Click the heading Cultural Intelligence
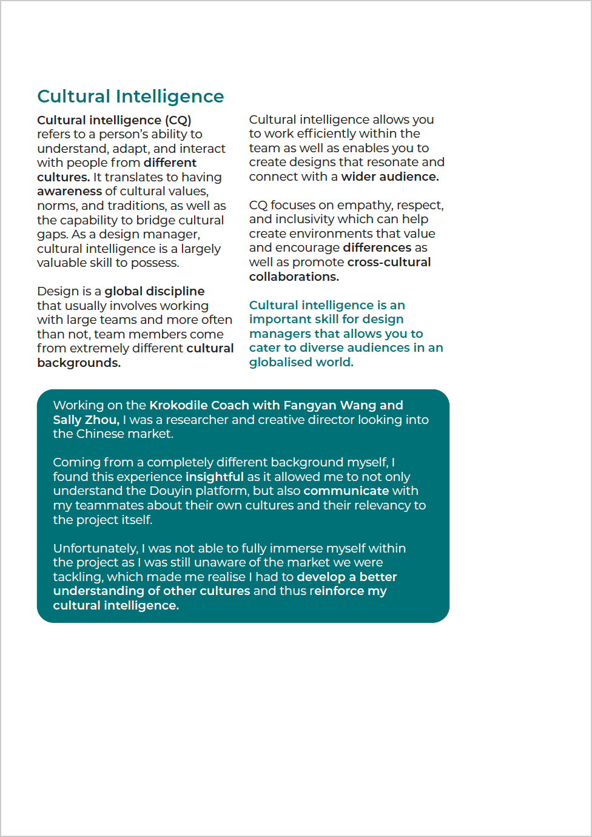tap(130, 96)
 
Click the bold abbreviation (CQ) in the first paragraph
tap(178, 120)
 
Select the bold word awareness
tap(69, 192)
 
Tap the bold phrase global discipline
tap(154, 292)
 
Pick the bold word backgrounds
tap(78, 363)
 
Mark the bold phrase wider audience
tap(389, 177)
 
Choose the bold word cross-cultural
tap(389, 263)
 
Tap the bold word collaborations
tap(294, 277)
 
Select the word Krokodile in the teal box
tap(178, 406)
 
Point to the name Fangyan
tap(310, 406)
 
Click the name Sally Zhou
tap(85, 420)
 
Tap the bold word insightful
tap(214, 477)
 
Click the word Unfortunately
tap(95, 549)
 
